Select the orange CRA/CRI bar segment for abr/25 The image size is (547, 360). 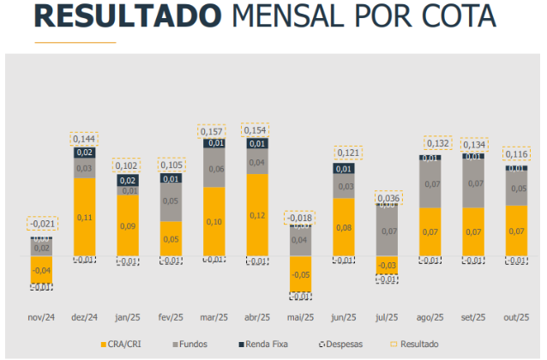pyautogui.click(x=256, y=215)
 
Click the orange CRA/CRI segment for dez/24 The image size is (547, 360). pyautogui.click(x=83, y=218)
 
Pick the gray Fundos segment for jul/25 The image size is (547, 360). pyautogui.click(x=388, y=231)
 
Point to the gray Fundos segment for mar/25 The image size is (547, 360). pyautogui.click(x=213, y=169)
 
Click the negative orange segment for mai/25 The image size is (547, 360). pyautogui.click(x=300, y=274)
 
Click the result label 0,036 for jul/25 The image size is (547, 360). pyautogui.click(x=388, y=198)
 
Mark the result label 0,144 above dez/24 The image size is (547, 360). pyautogui.click(x=83, y=138)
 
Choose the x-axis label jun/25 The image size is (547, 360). pyautogui.click(x=344, y=315)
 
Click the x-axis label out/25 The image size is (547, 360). pyautogui.click(x=517, y=315)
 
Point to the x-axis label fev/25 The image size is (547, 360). pyautogui.click(x=171, y=315)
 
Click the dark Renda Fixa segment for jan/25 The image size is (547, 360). pyautogui.click(x=127, y=180)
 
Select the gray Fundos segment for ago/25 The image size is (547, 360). pyautogui.click(x=430, y=183)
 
